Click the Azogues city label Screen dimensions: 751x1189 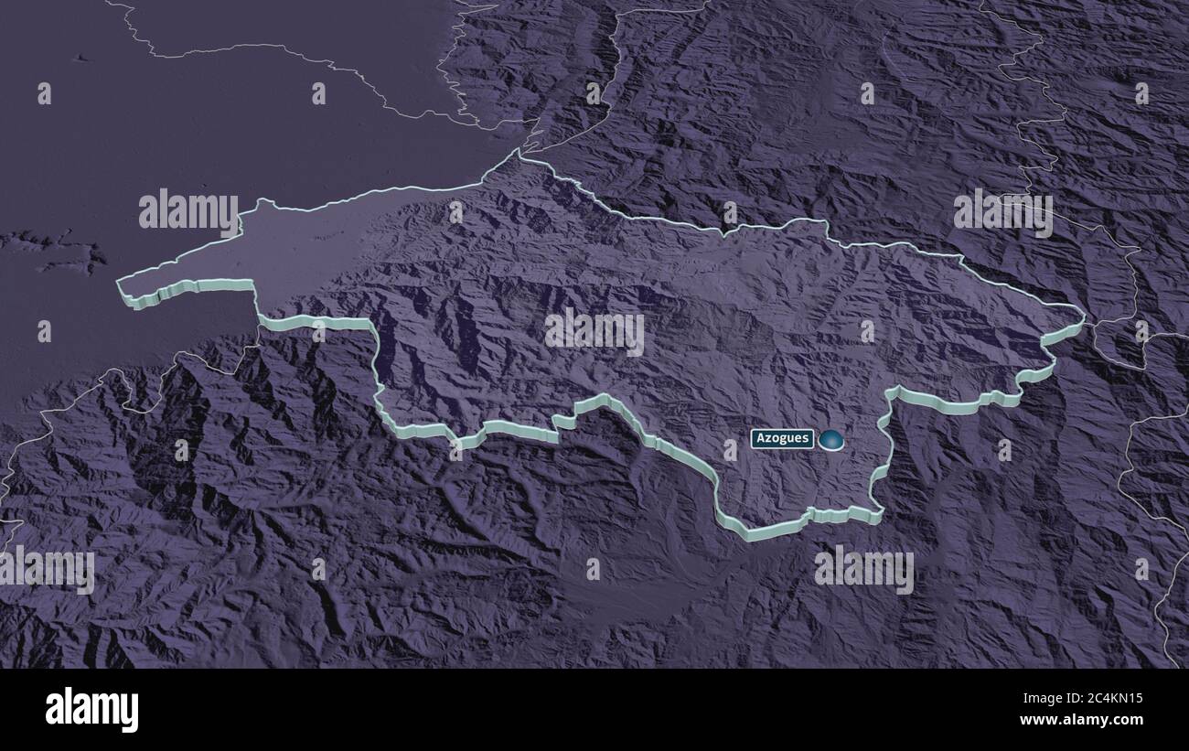[782, 438]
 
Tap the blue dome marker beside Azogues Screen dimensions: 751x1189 [831, 441]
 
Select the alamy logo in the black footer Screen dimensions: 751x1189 [91, 709]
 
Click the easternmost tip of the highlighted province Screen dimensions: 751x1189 [1083, 318]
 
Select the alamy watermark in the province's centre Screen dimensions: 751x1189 [594, 331]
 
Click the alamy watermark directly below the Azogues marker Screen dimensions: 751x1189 [863, 569]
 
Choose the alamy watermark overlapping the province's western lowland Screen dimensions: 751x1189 [188, 212]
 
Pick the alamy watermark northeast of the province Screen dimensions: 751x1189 [1002, 212]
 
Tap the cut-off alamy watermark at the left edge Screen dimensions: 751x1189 [46, 569]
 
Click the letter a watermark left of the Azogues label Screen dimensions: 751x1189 [730, 448]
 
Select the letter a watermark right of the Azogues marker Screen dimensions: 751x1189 [1004, 448]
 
